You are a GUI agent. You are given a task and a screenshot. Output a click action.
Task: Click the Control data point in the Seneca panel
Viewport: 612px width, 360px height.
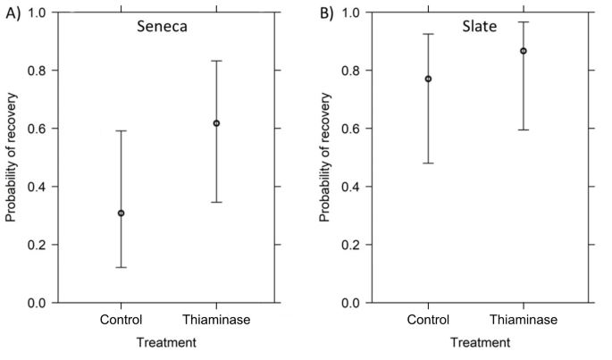click(x=121, y=213)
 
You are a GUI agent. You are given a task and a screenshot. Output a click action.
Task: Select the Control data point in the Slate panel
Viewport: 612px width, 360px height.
click(x=428, y=79)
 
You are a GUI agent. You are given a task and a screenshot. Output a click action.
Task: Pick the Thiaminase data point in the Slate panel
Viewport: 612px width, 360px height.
click(x=524, y=51)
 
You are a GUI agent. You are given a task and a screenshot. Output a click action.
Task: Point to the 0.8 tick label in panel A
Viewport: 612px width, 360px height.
click(x=38, y=71)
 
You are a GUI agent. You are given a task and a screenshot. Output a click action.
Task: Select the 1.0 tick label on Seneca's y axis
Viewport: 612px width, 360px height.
click(x=38, y=13)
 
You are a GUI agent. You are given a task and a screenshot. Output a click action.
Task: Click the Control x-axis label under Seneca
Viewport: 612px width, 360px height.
click(x=121, y=321)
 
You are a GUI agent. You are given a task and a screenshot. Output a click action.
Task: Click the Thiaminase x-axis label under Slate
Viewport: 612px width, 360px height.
click(x=524, y=321)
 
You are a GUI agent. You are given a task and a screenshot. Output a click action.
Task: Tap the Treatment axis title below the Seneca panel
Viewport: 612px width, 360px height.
click(x=167, y=342)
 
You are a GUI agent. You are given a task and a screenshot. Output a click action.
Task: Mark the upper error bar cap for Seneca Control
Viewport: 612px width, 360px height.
click(x=121, y=130)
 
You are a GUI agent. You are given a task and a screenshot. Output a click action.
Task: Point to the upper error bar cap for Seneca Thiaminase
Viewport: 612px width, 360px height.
click(x=216, y=61)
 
